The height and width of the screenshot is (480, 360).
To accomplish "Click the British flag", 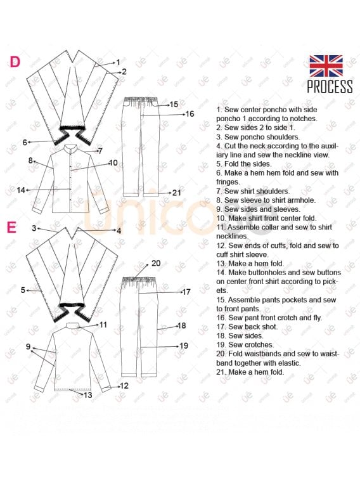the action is [326, 66].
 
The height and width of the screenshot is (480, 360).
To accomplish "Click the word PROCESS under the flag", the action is [330, 87].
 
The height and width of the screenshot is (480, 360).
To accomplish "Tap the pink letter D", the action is [15, 62].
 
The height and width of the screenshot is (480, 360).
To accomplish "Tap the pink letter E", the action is [11, 228].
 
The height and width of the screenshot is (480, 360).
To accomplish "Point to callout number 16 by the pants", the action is [190, 114].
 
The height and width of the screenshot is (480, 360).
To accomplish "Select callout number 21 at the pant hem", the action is [177, 193].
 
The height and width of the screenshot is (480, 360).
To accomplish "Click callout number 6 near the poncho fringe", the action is [25, 142].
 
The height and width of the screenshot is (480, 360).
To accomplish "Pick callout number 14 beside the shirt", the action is [21, 190].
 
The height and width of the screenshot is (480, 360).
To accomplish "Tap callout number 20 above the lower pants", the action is [156, 263].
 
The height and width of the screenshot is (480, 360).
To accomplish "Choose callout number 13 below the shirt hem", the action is [88, 395].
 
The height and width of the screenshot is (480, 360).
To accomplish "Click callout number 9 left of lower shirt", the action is [28, 347].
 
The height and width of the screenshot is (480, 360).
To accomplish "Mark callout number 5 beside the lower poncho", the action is [23, 290].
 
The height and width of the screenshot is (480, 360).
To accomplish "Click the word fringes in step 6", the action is [228, 182].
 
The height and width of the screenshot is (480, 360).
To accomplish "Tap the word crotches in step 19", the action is [260, 345].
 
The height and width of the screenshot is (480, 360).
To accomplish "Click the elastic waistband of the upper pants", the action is [141, 100].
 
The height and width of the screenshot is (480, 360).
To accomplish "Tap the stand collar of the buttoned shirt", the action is [71, 148].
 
